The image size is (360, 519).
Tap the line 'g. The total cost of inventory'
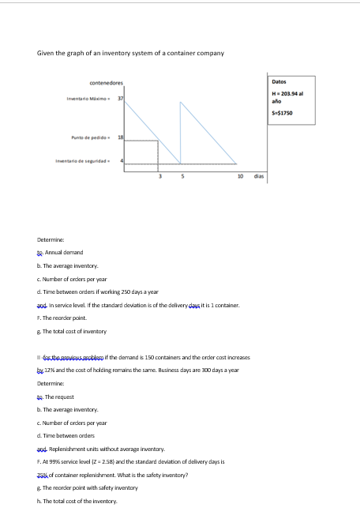pyautogui.click(x=72, y=330)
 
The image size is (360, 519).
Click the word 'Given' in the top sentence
pyautogui.click(x=46, y=52)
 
